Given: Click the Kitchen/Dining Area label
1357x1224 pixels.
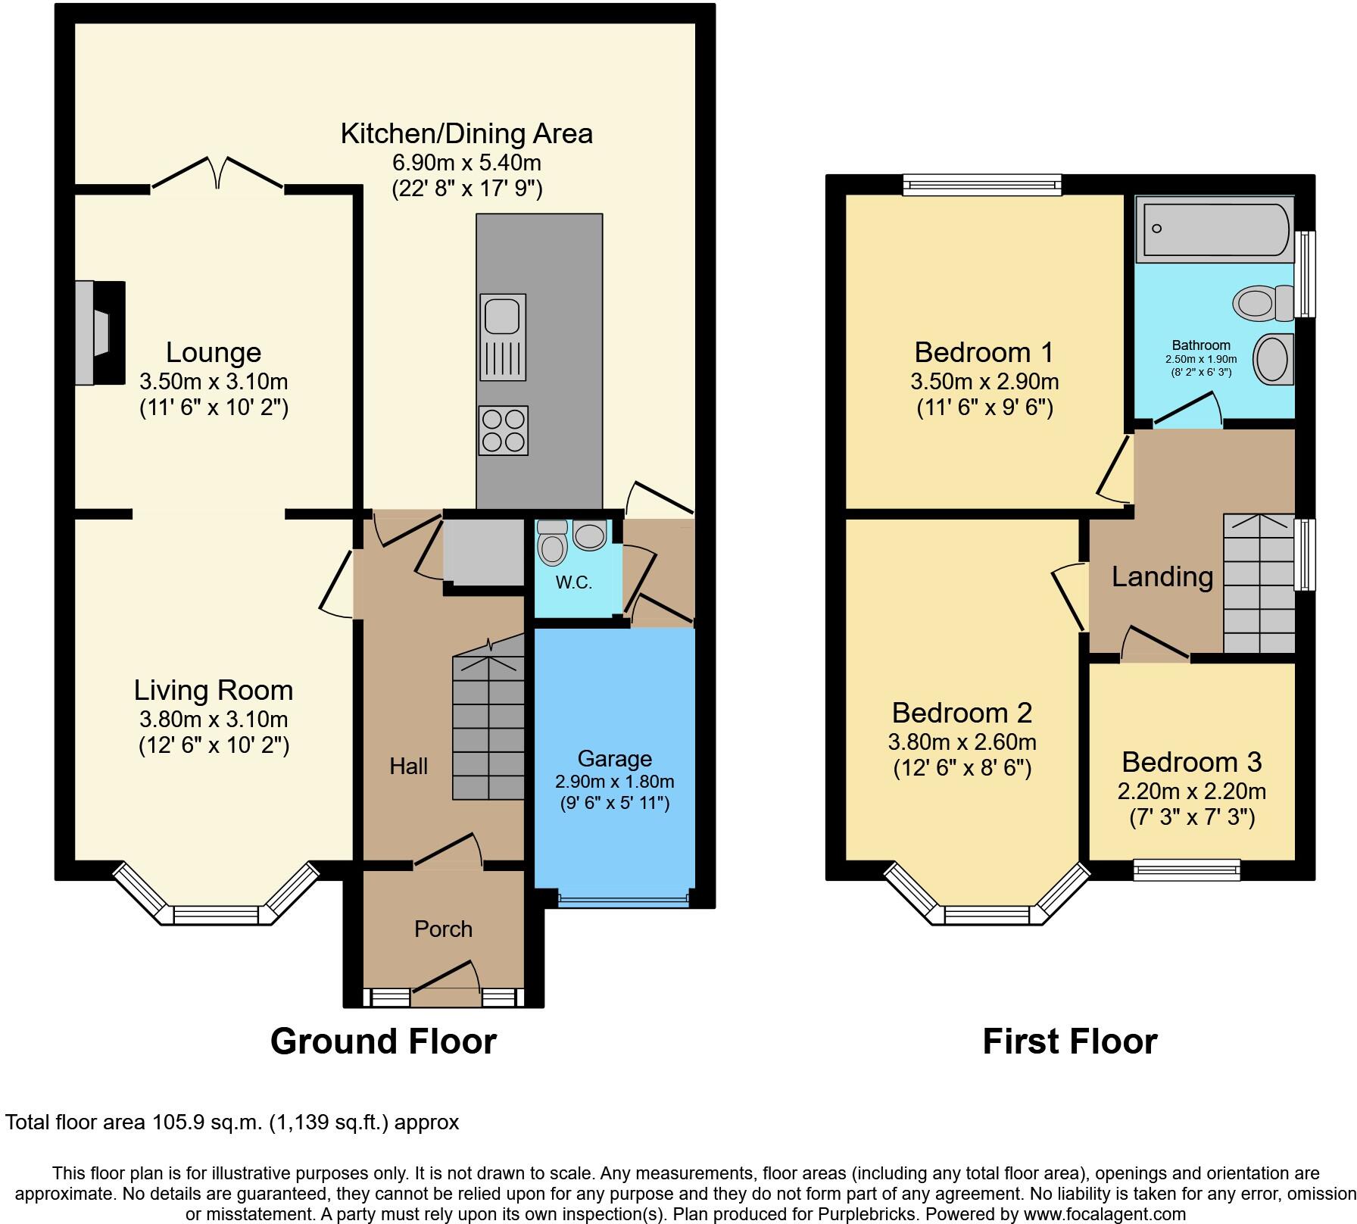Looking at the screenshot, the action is click(466, 134).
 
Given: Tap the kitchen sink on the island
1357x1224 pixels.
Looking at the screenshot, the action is click(503, 337).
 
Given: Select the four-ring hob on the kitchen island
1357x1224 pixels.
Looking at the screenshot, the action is click(503, 430).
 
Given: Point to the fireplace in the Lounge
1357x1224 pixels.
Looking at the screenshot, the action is click(99, 333).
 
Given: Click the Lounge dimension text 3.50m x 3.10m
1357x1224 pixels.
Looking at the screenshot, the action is click(214, 381).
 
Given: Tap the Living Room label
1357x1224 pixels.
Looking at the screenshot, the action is click(214, 690).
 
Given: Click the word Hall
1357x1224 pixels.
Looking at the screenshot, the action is click(409, 767).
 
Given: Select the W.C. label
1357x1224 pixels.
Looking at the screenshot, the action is click(574, 582).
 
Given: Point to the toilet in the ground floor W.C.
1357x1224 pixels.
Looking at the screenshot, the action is click(551, 542).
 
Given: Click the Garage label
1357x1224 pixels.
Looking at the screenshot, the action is click(614, 758).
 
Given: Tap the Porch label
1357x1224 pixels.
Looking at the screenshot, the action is click(443, 929).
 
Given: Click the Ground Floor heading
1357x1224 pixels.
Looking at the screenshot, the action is click(383, 1041).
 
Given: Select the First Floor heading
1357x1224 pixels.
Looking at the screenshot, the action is click(1070, 1041).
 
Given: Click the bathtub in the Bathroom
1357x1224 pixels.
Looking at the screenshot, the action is click(1215, 229).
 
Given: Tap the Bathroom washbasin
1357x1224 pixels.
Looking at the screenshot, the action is click(1274, 359).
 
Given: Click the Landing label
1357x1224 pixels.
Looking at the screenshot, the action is click(1162, 577).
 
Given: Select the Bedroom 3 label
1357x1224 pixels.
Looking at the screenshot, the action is click(1192, 761).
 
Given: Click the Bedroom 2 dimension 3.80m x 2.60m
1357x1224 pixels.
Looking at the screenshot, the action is click(962, 742).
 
